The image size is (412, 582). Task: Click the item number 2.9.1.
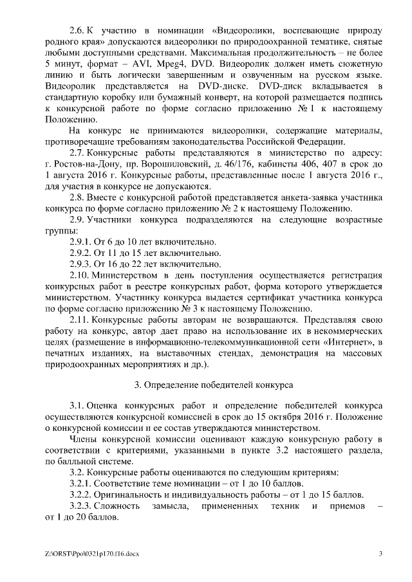pyautogui.click(x=80, y=242)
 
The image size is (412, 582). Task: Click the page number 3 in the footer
pyautogui.click(x=380, y=554)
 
